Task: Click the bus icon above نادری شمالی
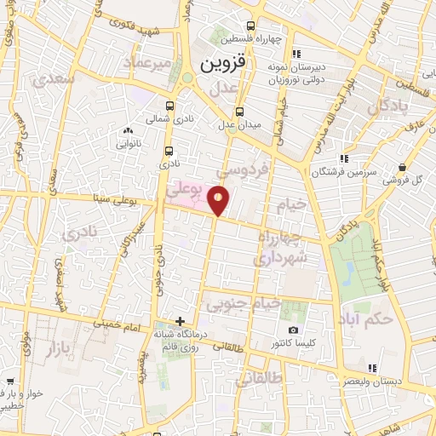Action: (169, 106)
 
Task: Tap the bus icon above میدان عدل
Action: (239, 111)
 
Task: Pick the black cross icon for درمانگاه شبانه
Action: (180, 321)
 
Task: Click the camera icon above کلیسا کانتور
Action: (294, 330)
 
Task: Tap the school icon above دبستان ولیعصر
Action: (371, 368)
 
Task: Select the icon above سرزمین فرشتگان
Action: (344, 158)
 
